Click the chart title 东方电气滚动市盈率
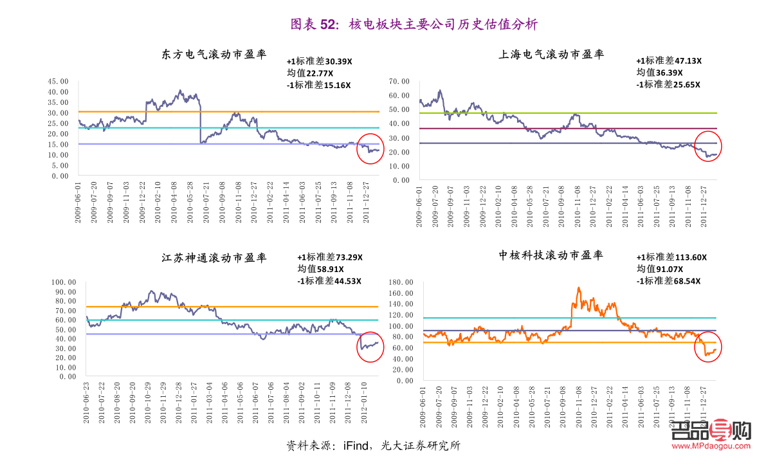pyautogui.click(x=214, y=55)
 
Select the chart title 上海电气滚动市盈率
pyautogui.click(x=551, y=55)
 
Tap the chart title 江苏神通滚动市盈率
pyautogui.click(x=214, y=258)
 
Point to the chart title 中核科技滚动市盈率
pyautogui.click(x=551, y=255)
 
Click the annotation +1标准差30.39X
pyautogui.click(x=320, y=62)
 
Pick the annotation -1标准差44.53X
pyautogui.click(x=329, y=281)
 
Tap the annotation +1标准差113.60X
pyautogui.click(x=671, y=257)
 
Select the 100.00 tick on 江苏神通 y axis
pyautogui.click(x=64, y=282)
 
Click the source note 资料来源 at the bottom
pyautogui.click(x=373, y=446)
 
